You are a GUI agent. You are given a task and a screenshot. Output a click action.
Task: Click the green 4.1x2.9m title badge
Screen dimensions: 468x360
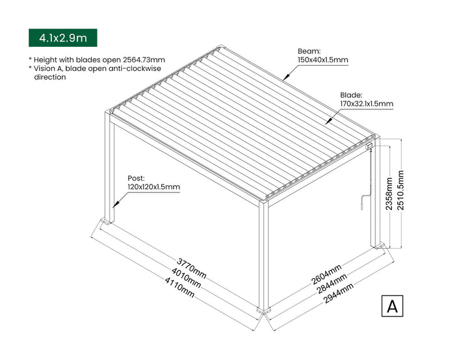coord(62,38)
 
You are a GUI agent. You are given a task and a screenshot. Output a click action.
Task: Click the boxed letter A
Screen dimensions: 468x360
coord(392,306)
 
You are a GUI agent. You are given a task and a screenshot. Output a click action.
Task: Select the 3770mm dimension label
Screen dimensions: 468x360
coord(191,268)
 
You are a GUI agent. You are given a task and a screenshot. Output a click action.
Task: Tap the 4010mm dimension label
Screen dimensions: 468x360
coord(186,278)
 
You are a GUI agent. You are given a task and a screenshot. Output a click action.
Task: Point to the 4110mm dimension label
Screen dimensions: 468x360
coord(179,288)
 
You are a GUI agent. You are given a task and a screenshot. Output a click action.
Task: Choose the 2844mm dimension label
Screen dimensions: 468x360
coord(332,283)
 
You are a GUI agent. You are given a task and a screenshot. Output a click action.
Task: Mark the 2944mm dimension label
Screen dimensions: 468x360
coord(339,293)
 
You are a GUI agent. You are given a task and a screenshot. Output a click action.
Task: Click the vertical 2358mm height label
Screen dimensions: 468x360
coord(389,194)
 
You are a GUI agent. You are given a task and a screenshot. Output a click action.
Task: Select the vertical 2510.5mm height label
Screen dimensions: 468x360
coord(400,190)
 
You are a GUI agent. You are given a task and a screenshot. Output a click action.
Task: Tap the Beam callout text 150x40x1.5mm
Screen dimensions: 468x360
coord(323,60)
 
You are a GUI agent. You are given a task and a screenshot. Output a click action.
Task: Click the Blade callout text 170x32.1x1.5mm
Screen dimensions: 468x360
coord(367,104)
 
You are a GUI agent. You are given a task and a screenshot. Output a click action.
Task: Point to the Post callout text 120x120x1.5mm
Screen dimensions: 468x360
coord(153,187)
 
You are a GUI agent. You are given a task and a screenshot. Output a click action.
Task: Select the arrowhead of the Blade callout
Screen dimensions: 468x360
coord(328,122)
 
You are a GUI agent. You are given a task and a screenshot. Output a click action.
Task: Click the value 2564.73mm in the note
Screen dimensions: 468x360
coord(144,60)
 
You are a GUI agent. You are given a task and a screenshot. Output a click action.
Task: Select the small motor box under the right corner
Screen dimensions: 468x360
coord(369,146)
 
